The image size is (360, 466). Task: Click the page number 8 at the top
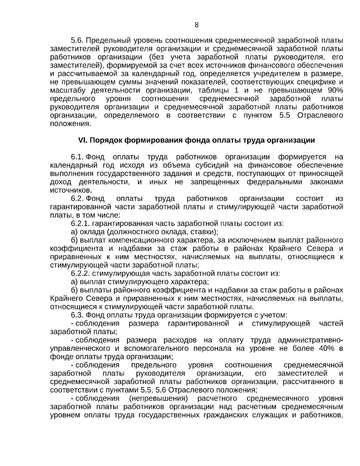pyautogui.click(x=196, y=25)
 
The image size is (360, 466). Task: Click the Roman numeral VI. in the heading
pyautogui.click(x=82, y=140)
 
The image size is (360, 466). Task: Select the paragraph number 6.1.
pyautogui.click(x=77, y=157)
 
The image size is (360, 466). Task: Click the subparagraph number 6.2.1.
pyautogui.click(x=81, y=224)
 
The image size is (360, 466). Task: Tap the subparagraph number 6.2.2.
pyautogui.click(x=81, y=274)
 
